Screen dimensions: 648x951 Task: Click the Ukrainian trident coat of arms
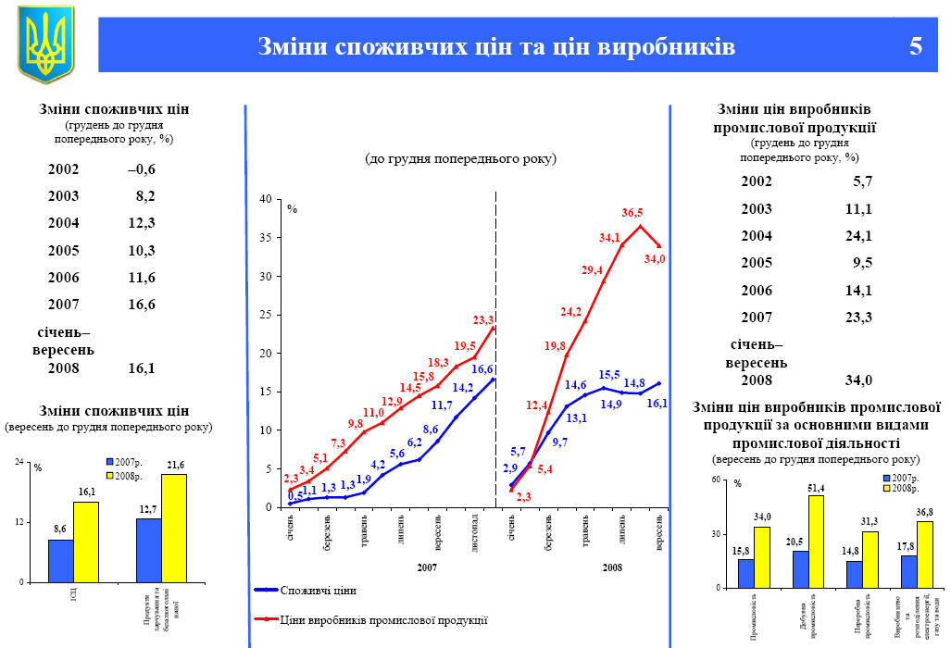(x=44, y=44)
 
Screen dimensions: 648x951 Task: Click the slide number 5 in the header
(x=915, y=46)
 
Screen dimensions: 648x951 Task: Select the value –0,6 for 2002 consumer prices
(x=142, y=169)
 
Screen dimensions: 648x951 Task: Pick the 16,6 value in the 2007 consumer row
(x=142, y=305)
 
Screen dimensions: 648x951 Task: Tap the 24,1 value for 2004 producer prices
(x=857, y=236)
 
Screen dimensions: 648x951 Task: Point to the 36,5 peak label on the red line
(x=632, y=213)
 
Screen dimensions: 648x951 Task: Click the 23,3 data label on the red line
(x=483, y=320)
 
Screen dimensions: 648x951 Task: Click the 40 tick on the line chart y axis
(x=266, y=199)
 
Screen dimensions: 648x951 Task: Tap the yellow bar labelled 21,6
(x=174, y=528)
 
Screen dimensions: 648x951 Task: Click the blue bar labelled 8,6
(x=60, y=560)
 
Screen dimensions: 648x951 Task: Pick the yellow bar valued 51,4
(x=816, y=542)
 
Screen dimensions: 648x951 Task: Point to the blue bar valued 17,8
(x=908, y=571)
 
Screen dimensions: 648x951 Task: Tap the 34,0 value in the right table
(x=857, y=380)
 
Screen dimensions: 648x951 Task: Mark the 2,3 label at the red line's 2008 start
(x=523, y=497)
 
